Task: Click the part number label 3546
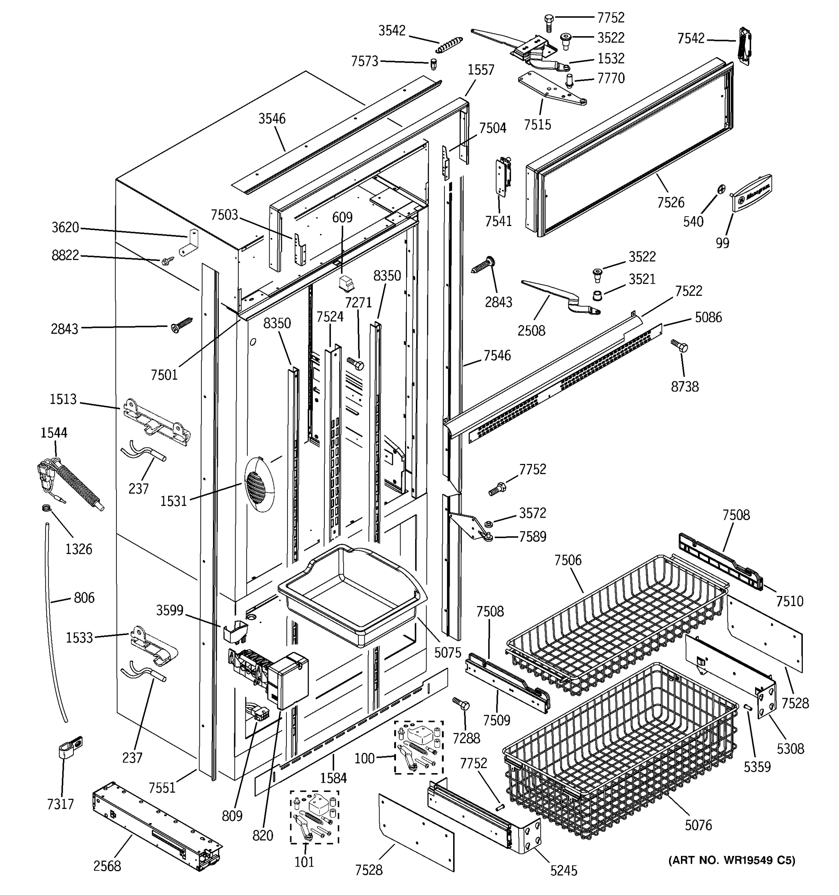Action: coord(272,119)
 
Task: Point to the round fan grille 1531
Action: coord(259,484)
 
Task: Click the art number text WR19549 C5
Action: coord(732,860)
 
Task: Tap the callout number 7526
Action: coord(670,202)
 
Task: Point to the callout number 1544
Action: coord(54,433)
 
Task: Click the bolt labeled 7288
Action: coord(461,704)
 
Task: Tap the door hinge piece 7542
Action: coord(745,45)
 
